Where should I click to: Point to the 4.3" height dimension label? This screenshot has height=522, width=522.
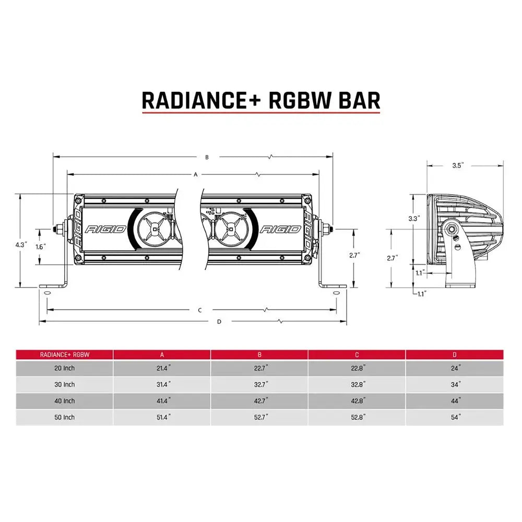click(21, 244)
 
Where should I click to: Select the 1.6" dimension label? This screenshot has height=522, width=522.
click(41, 246)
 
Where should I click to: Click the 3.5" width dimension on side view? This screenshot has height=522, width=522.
click(458, 165)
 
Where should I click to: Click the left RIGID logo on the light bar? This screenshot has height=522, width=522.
click(105, 229)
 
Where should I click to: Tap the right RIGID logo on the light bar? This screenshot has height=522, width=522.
click(280, 229)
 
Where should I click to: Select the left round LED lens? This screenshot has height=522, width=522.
click(155, 228)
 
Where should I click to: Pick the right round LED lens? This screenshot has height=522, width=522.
click(228, 228)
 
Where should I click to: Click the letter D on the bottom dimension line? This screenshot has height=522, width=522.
click(219, 322)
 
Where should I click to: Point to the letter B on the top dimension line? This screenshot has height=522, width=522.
click(207, 157)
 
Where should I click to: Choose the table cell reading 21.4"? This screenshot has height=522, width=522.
click(162, 368)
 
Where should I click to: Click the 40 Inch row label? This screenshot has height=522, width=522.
click(65, 401)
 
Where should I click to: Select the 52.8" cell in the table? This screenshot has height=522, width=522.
click(357, 417)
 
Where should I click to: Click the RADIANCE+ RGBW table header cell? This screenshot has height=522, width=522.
click(65, 354)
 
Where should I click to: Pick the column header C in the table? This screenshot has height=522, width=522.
click(357, 354)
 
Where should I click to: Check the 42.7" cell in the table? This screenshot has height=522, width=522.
click(259, 401)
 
